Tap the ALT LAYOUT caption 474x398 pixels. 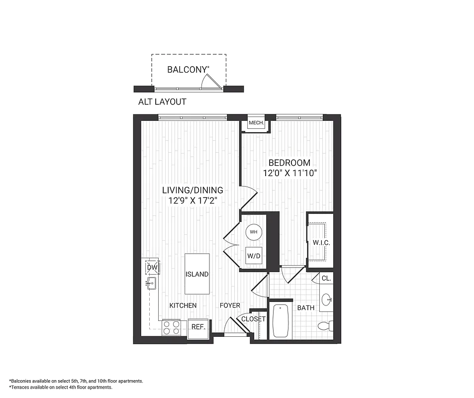162,102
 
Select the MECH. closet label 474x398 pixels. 256,123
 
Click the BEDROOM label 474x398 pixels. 289,163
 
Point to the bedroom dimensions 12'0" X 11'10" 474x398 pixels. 290,173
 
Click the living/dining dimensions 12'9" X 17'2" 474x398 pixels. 192,200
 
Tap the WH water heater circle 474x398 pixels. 253,232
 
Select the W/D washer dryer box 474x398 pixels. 254,256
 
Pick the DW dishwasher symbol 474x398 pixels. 152,268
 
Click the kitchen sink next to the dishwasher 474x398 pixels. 151,284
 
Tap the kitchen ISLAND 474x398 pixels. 197,274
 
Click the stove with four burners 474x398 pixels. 172,327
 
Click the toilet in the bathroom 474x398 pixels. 325,326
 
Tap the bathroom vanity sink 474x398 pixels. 326,300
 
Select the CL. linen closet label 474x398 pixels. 326,279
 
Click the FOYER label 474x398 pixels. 230,305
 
